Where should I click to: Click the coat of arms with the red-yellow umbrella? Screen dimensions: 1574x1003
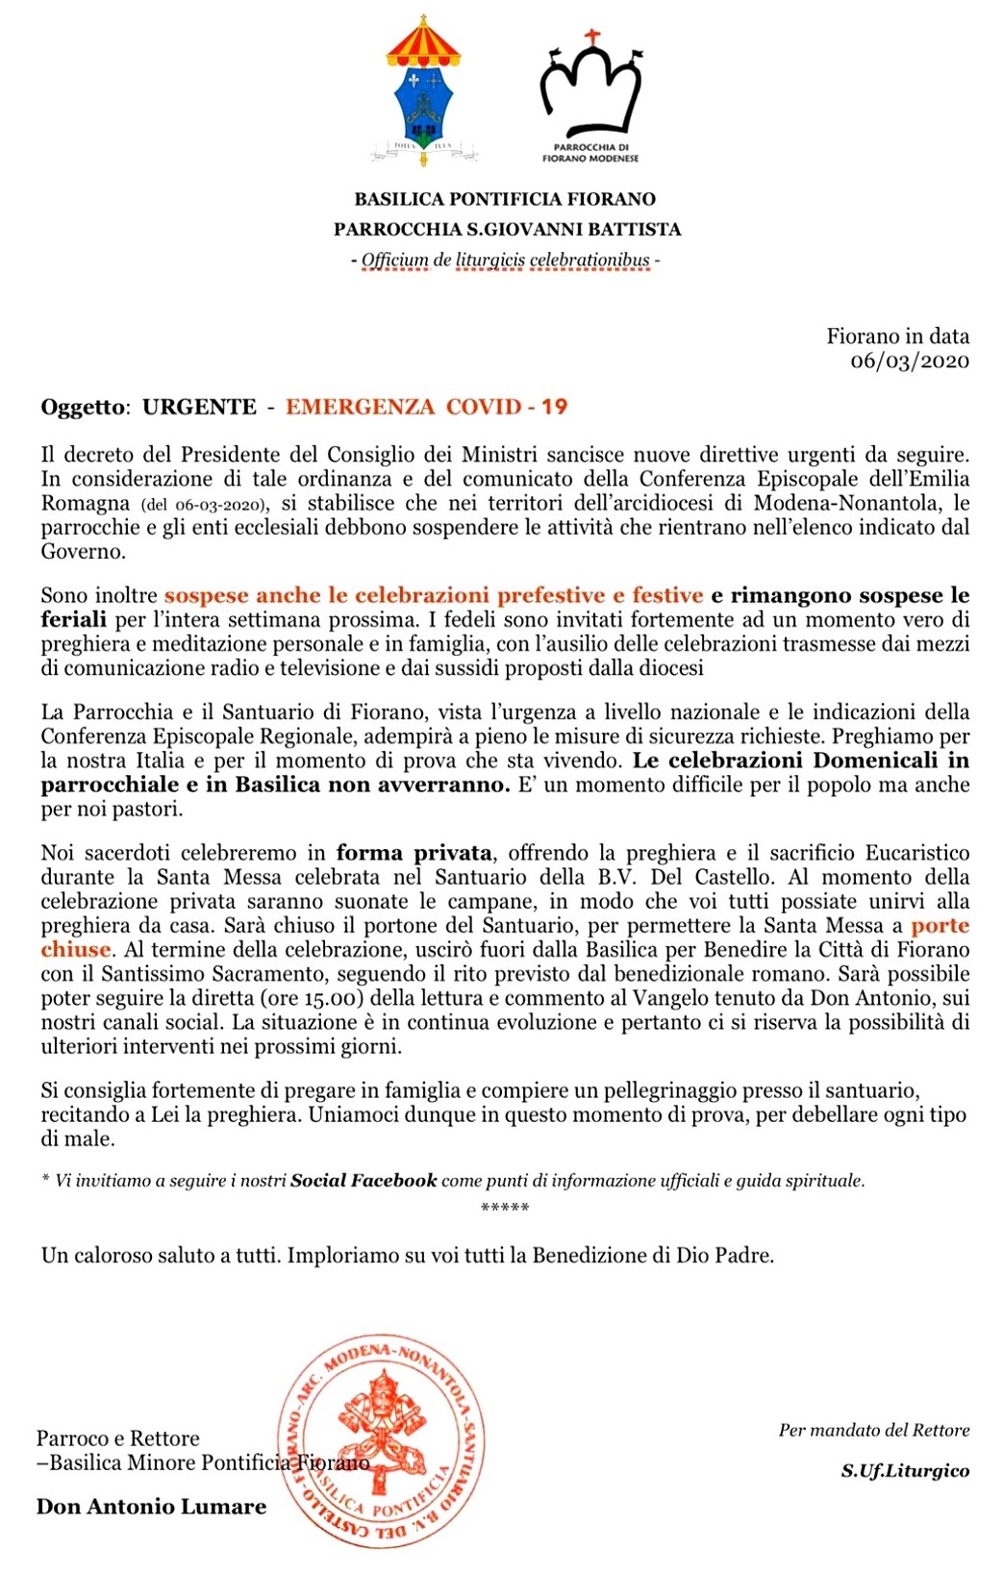(x=423, y=91)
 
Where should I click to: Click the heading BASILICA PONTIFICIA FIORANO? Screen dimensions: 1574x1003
(x=505, y=199)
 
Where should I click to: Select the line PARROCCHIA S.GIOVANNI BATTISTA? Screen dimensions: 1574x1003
(x=507, y=229)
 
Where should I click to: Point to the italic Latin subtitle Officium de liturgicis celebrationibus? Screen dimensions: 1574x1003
(x=505, y=260)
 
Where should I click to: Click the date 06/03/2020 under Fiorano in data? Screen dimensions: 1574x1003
(x=909, y=361)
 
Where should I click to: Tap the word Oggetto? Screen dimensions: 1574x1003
(x=83, y=407)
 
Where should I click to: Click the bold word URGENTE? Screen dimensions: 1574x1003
(x=199, y=407)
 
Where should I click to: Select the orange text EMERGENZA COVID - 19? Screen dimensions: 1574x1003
(x=426, y=407)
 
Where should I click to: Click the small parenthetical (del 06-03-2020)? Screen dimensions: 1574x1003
(x=205, y=504)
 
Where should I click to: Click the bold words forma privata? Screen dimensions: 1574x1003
(x=414, y=853)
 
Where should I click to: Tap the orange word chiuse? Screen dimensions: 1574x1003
(x=76, y=950)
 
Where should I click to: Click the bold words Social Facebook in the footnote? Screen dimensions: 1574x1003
(x=364, y=1180)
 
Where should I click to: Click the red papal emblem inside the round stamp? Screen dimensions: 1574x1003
(x=380, y=1423)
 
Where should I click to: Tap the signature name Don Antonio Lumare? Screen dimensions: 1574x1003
(x=151, y=1507)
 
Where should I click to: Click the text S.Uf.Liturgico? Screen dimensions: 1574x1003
(x=905, y=1470)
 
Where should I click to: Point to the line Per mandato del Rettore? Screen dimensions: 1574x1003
(x=873, y=1430)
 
